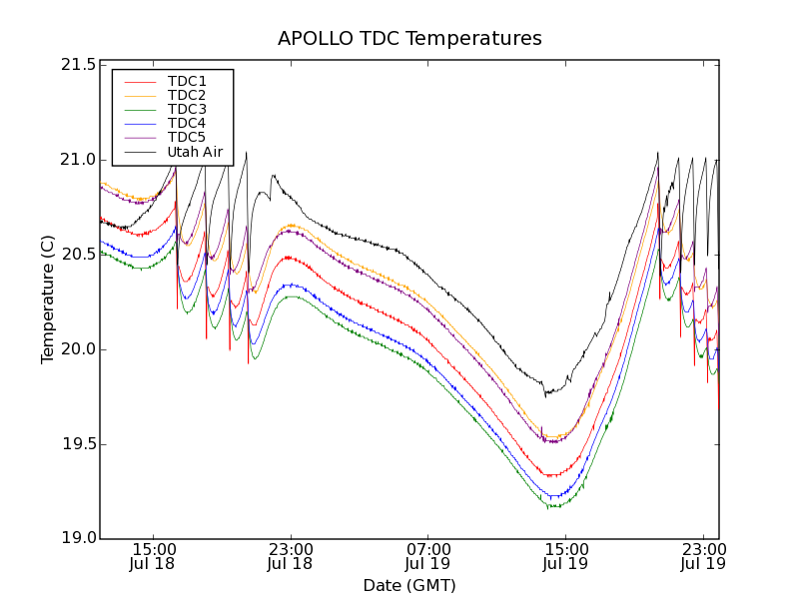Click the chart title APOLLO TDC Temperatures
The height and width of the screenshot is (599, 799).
[409, 39]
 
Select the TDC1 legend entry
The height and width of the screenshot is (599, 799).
[187, 81]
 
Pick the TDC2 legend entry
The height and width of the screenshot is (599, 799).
[187, 95]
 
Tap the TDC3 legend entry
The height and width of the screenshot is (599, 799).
[187, 109]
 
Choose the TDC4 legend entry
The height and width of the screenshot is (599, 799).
[187, 123]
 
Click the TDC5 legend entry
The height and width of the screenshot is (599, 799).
[187, 137]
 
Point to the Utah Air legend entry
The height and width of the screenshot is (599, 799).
[194, 152]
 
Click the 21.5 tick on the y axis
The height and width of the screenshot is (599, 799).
[78, 65]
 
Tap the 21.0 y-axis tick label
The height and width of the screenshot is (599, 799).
[78, 160]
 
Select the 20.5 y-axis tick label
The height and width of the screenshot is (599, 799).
[78, 255]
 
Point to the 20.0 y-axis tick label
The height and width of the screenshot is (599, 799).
[78, 349]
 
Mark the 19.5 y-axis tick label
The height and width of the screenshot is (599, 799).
[78, 444]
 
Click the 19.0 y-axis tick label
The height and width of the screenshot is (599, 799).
[78, 539]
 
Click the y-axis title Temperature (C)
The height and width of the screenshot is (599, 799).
[48, 299]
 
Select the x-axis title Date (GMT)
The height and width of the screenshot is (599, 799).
[409, 585]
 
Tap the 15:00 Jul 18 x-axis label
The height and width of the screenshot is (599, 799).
[153, 556]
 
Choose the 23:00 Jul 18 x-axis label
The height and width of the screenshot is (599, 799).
[291, 556]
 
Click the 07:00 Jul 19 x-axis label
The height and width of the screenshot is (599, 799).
[427, 556]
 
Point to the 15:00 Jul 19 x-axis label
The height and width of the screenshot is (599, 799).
[565, 556]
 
